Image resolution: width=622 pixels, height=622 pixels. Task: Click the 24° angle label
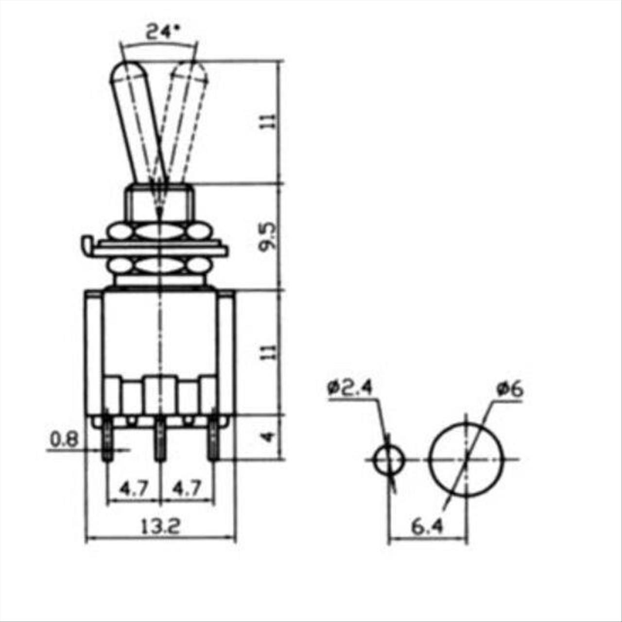pyautogui.click(x=162, y=33)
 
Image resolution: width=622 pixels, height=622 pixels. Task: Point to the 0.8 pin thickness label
pyautogui.click(x=64, y=440)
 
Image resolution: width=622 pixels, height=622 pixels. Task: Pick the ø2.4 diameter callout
pyautogui.click(x=350, y=388)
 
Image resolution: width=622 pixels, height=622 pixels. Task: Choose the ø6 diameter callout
pyautogui.click(x=509, y=390)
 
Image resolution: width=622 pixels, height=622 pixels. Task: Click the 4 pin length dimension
pyautogui.click(x=269, y=437)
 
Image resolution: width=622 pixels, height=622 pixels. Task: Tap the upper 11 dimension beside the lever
pyautogui.click(x=269, y=121)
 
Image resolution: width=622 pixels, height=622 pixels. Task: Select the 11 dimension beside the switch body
pyautogui.click(x=269, y=352)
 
